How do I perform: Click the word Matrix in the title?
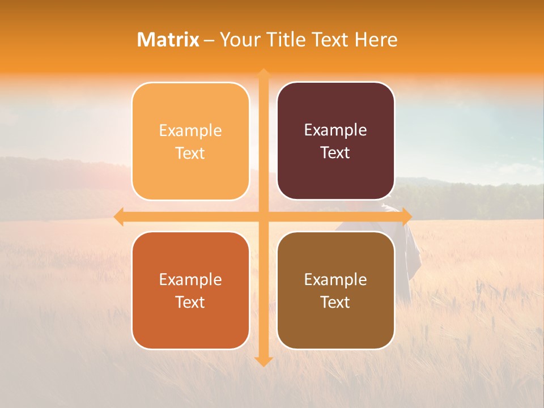[x=168, y=40]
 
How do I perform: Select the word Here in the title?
[x=376, y=40]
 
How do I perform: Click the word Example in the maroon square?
[x=335, y=130]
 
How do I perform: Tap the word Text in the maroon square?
[x=335, y=153]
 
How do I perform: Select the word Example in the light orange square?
[x=190, y=131]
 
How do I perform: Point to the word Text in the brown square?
[x=335, y=302]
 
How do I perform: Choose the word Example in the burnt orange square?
[x=190, y=279]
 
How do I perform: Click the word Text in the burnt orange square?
[x=190, y=302]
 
